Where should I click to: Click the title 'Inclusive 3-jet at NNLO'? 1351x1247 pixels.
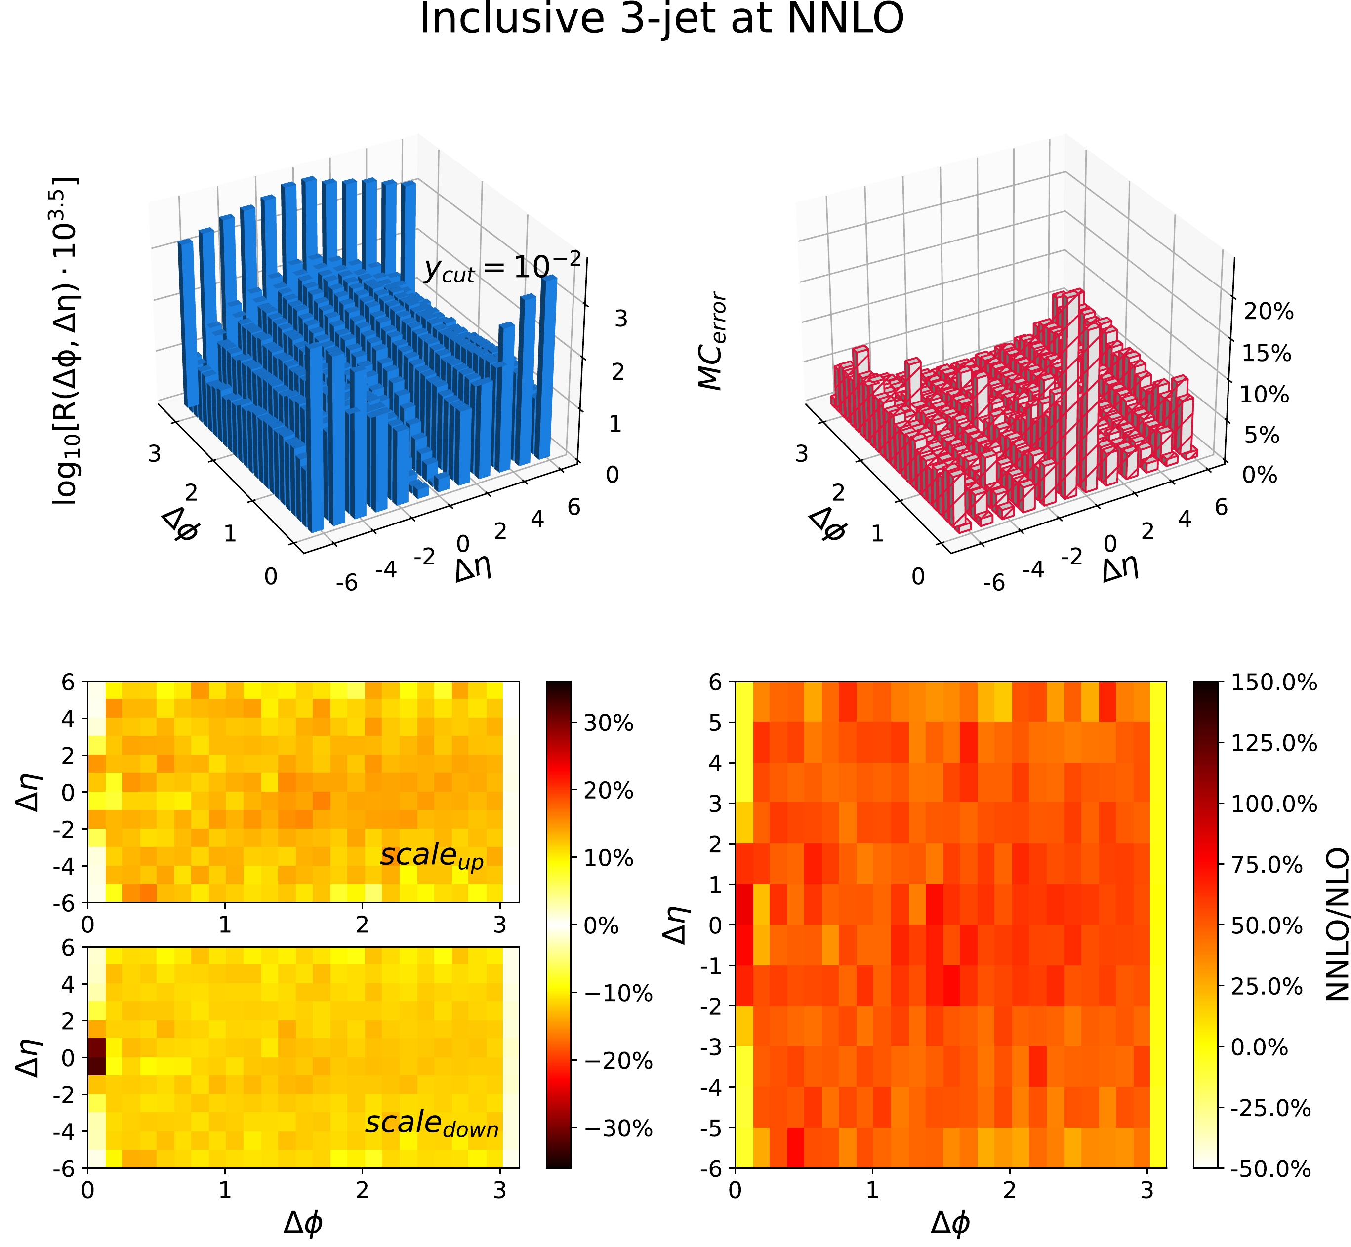[661, 19]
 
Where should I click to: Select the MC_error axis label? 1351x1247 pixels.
[711, 341]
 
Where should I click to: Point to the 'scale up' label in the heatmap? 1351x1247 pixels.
[432, 856]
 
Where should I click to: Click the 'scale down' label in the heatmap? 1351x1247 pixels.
[432, 1124]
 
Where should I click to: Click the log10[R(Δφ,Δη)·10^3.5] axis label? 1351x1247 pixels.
[66, 341]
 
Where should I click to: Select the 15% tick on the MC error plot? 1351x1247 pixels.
[1268, 354]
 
